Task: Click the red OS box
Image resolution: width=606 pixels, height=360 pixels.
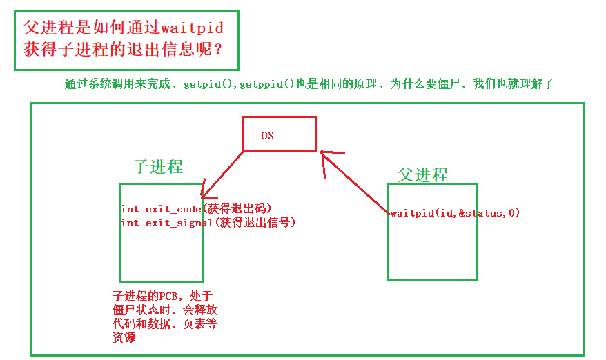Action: pos(279,134)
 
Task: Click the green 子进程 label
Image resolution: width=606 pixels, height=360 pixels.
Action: pos(158,167)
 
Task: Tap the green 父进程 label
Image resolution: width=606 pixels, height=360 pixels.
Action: pos(422,174)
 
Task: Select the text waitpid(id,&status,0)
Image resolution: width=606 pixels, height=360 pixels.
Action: pos(455,213)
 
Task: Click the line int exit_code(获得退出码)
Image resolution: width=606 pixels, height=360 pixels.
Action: pos(196,209)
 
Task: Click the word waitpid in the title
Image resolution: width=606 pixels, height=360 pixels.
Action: pos(191,28)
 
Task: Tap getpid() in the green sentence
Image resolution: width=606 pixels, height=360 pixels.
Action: pos(208,84)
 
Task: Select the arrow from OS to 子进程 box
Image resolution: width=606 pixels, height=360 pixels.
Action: pos(222,174)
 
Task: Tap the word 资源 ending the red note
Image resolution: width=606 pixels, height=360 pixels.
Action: pos(124,337)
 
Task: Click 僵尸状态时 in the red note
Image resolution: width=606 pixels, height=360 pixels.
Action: pos(141,310)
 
